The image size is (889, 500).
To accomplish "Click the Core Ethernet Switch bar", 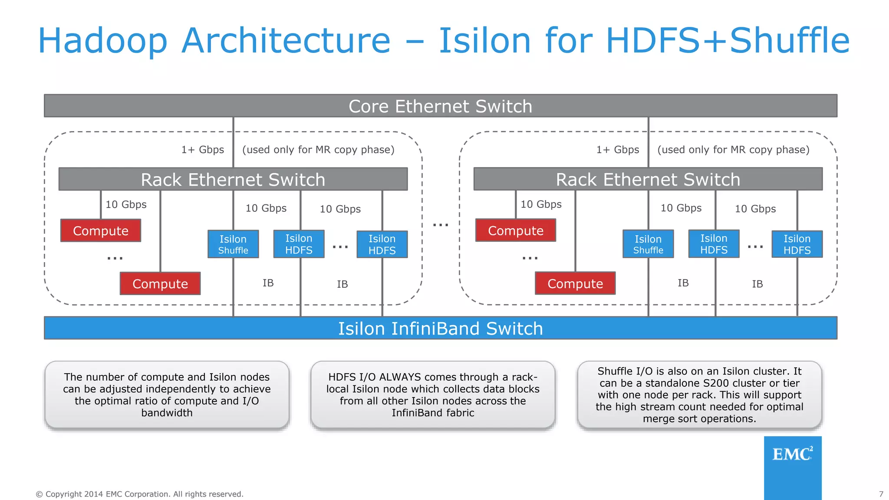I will [440, 106].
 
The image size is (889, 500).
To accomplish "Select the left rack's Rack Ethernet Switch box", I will [233, 179].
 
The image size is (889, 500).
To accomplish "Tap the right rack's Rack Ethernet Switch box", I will [648, 179].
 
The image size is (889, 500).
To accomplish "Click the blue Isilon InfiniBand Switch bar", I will [440, 328].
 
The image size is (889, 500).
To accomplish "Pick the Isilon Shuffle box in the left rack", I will [233, 244].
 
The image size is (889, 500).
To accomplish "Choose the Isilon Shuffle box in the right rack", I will [648, 244].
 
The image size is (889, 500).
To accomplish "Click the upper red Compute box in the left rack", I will [101, 230].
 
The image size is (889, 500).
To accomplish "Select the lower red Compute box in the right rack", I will [575, 283].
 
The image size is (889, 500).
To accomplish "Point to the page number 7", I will [881, 494].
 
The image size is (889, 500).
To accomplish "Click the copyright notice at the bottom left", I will [139, 494].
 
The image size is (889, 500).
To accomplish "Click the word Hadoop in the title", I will [102, 40].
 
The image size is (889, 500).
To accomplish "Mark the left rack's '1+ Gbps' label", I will [202, 150].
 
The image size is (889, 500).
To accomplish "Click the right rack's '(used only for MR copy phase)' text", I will [733, 150].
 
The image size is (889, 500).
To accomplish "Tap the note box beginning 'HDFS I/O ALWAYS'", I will [433, 395].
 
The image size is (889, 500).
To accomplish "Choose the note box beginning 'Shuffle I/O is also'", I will [699, 395].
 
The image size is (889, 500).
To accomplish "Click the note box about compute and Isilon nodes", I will [167, 395].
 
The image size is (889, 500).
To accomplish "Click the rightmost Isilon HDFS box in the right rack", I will [797, 244].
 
